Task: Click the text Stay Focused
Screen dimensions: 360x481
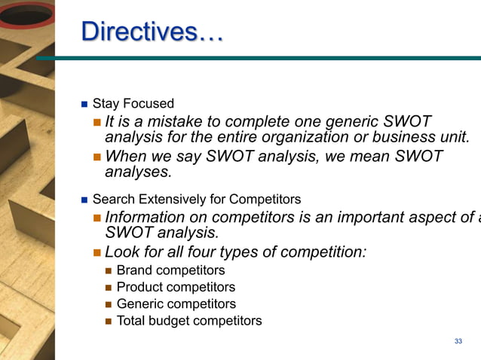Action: tap(133, 104)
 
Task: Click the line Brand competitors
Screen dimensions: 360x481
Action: tap(170, 270)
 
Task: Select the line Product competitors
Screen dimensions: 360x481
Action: tap(176, 287)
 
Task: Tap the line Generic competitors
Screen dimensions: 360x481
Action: tap(176, 304)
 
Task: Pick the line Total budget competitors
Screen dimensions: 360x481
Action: tap(189, 321)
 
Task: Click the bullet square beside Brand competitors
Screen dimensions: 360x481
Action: tap(109, 270)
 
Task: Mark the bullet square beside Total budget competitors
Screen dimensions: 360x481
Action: tap(109, 321)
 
